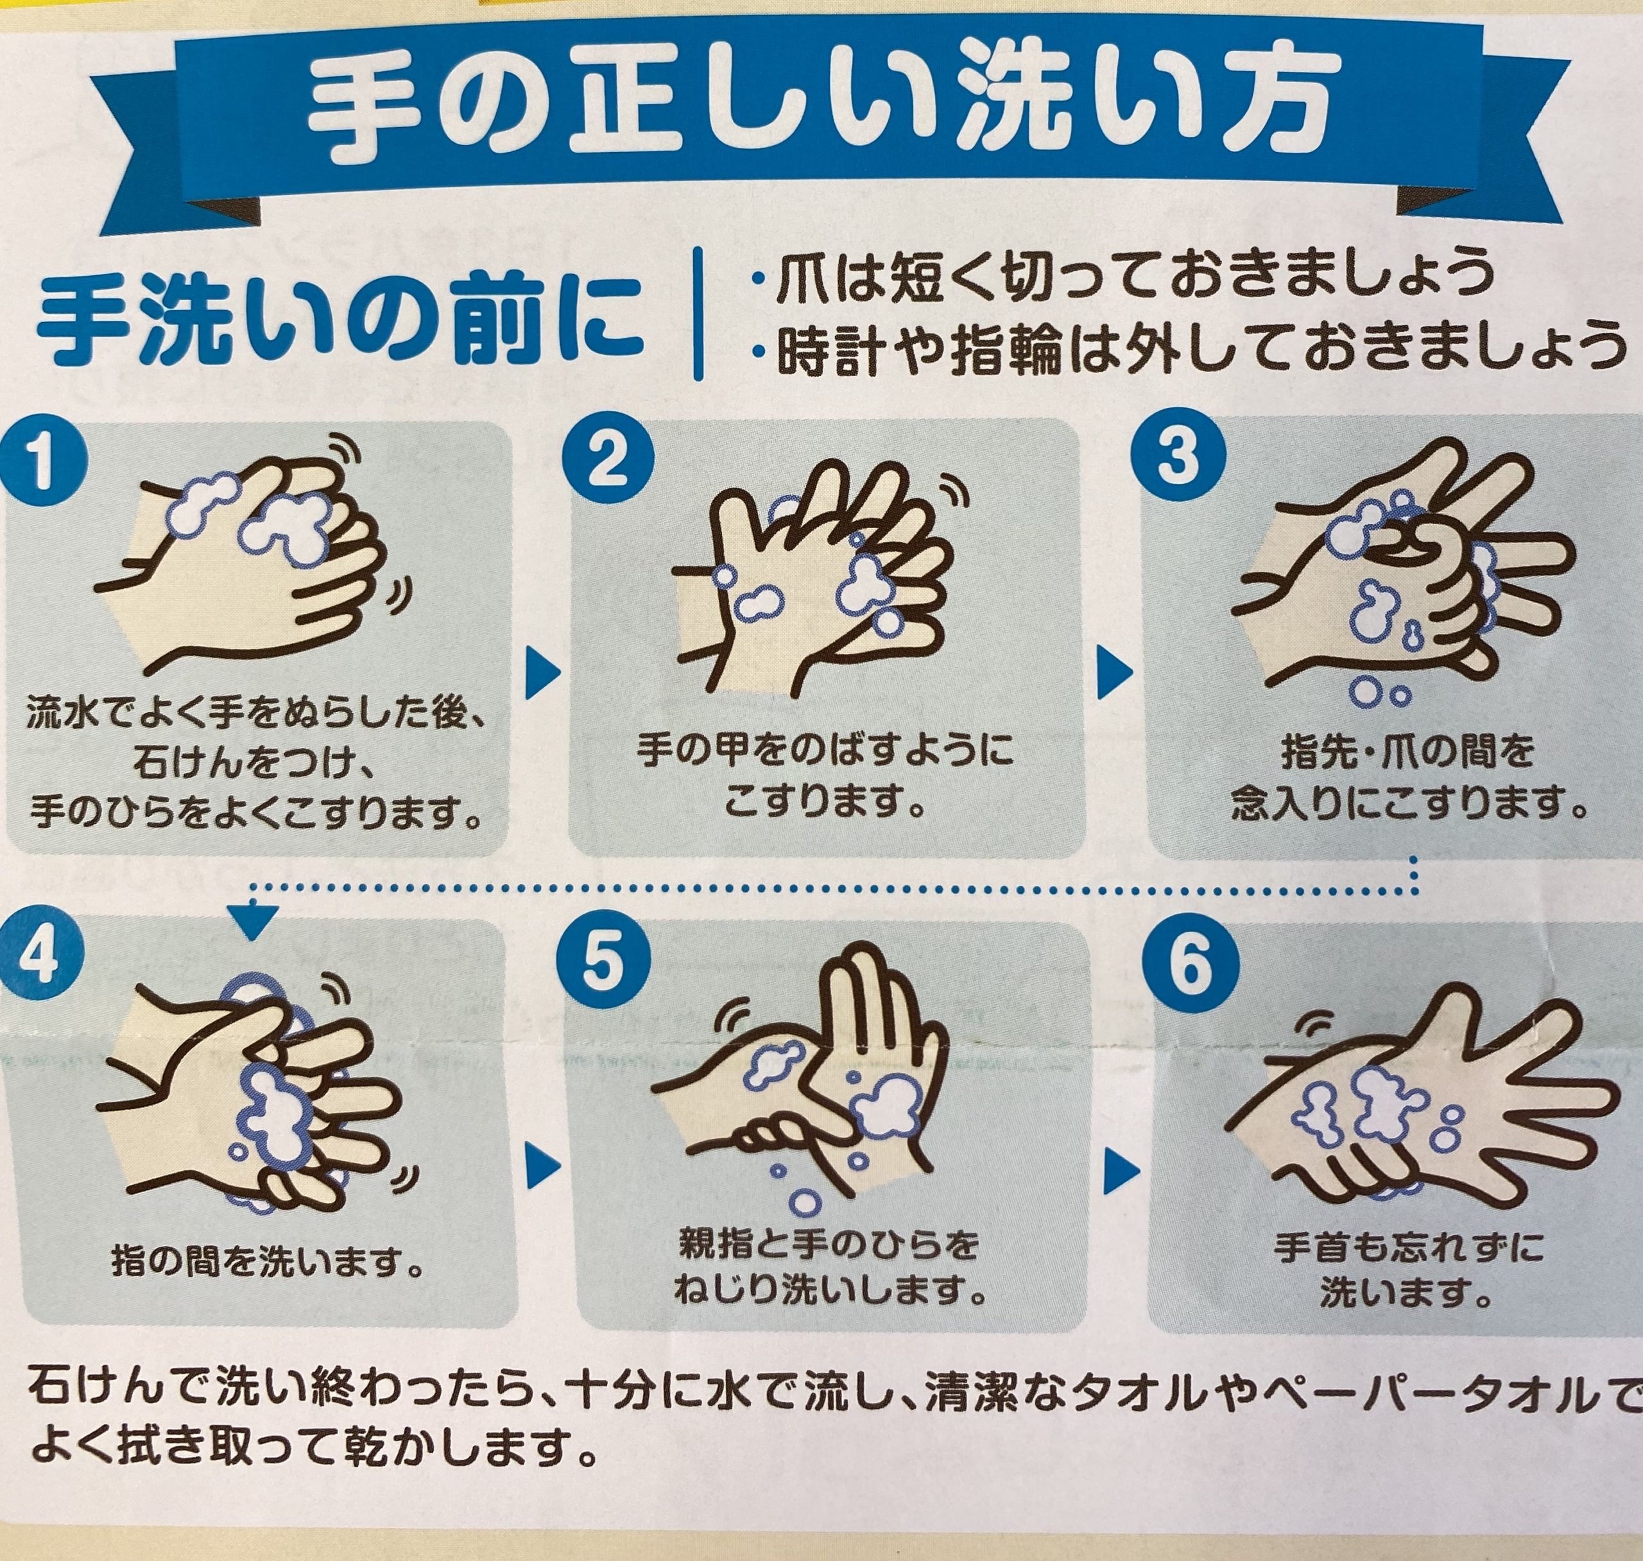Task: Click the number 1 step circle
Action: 42,463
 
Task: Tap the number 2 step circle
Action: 608,460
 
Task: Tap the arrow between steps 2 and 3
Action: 1114,672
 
